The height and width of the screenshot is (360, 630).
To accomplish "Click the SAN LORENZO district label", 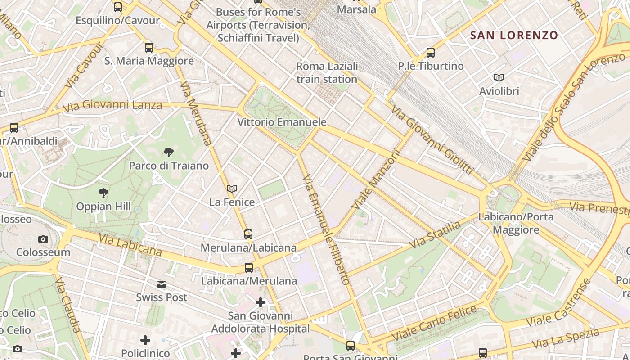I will [514, 35].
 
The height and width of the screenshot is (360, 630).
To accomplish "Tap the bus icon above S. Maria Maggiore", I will [149, 47].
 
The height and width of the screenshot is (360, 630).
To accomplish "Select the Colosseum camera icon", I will [43, 239].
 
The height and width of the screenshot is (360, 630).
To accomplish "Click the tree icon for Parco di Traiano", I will [169, 153].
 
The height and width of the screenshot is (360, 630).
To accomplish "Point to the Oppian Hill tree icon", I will [103, 193].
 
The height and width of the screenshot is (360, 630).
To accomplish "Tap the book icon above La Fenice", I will [232, 189].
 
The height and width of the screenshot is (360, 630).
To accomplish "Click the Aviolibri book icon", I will [499, 77].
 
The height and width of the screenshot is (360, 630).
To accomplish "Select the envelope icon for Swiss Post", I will [162, 284].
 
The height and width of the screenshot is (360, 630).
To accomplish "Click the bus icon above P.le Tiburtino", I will [431, 53].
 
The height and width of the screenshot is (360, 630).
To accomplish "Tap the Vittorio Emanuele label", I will [282, 122].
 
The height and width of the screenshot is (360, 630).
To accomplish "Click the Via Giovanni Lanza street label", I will [112, 106].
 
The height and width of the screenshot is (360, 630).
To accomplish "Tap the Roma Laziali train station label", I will [327, 73].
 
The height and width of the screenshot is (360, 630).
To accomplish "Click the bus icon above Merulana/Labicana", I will [248, 234].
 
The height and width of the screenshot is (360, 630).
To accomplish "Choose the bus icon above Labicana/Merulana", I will [249, 268].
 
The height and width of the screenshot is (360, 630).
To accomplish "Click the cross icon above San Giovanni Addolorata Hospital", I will [261, 302].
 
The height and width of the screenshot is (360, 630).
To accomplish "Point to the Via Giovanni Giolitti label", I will [432, 139].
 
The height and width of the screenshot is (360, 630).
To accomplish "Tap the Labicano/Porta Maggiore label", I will [516, 223].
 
